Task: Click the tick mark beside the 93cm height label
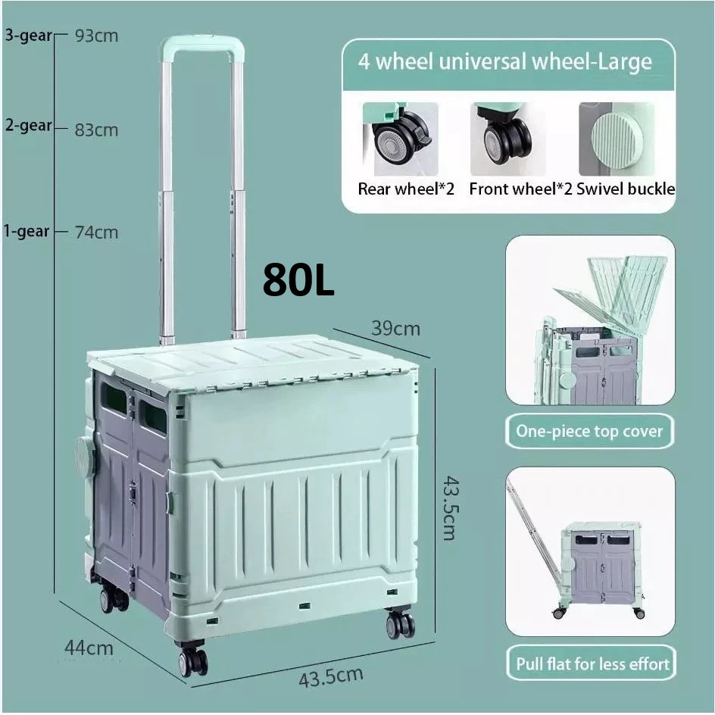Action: coord(61,34)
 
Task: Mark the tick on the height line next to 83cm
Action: coord(61,129)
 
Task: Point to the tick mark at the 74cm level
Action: coord(61,231)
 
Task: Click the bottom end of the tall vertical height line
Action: coord(55,592)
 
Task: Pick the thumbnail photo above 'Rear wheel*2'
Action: coord(401,139)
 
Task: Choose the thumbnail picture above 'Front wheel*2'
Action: coord(507,139)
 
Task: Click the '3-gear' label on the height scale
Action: coord(28,35)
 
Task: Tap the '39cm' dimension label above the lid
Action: coord(395,329)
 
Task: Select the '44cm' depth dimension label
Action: coord(89,648)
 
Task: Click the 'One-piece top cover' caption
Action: coord(589,432)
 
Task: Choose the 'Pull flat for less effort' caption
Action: coord(592,663)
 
